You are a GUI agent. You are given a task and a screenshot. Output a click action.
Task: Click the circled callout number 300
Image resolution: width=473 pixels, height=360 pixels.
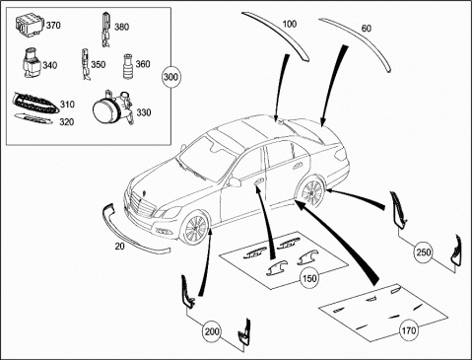pyautogui.click(x=170, y=77)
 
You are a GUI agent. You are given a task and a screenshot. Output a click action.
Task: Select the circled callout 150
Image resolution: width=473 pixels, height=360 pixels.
pyautogui.click(x=309, y=278)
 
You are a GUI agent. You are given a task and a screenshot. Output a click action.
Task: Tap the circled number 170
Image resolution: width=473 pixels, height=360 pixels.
pyautogui.click(x=408, y=329)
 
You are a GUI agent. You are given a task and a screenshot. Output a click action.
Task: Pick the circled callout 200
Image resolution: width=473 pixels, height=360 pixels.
pyautogui.click(x=212, y=331)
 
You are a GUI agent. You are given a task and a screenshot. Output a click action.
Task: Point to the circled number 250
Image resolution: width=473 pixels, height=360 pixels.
pyautogui.click(x=424, y=252)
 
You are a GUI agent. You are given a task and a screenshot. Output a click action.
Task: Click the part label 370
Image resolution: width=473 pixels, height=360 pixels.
pyautogui.click(x=53, y=25)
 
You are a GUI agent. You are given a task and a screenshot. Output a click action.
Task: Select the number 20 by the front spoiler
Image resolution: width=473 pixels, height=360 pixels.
pyautogui.click(x=119, y=246)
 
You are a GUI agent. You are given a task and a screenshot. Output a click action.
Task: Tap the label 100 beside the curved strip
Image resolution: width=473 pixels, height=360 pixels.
pyautogui.click(x=289, y=24)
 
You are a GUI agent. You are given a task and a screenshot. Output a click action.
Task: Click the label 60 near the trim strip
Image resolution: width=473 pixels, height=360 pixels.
pyautogui.click(x=367, y=29)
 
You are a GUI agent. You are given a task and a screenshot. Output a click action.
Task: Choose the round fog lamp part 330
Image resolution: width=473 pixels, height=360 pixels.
pyautogui.click(x=111, y=108)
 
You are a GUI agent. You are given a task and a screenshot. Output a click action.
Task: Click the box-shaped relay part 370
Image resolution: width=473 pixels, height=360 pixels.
pyautogui.click(x=30, y=24)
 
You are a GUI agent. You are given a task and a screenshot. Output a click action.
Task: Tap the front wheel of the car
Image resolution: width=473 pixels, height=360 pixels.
pyautogui.click(x=194, y=228)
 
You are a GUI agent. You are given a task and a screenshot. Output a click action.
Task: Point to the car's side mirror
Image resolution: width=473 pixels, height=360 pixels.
pyautogui.click(x=235, y=181)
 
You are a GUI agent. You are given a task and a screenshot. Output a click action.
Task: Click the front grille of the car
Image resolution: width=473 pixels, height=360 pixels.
pyautogui.click(x=143, y=204)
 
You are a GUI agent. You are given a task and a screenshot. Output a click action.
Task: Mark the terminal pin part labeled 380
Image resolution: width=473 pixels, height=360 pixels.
pyautogui.click(x=105, y=30)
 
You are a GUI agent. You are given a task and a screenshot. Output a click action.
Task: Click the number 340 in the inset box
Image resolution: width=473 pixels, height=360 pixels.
pyautogui.click(x=50, y=65)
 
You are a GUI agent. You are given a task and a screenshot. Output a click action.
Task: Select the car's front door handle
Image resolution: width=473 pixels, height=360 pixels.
pyautogui.click(x=258, y=180)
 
